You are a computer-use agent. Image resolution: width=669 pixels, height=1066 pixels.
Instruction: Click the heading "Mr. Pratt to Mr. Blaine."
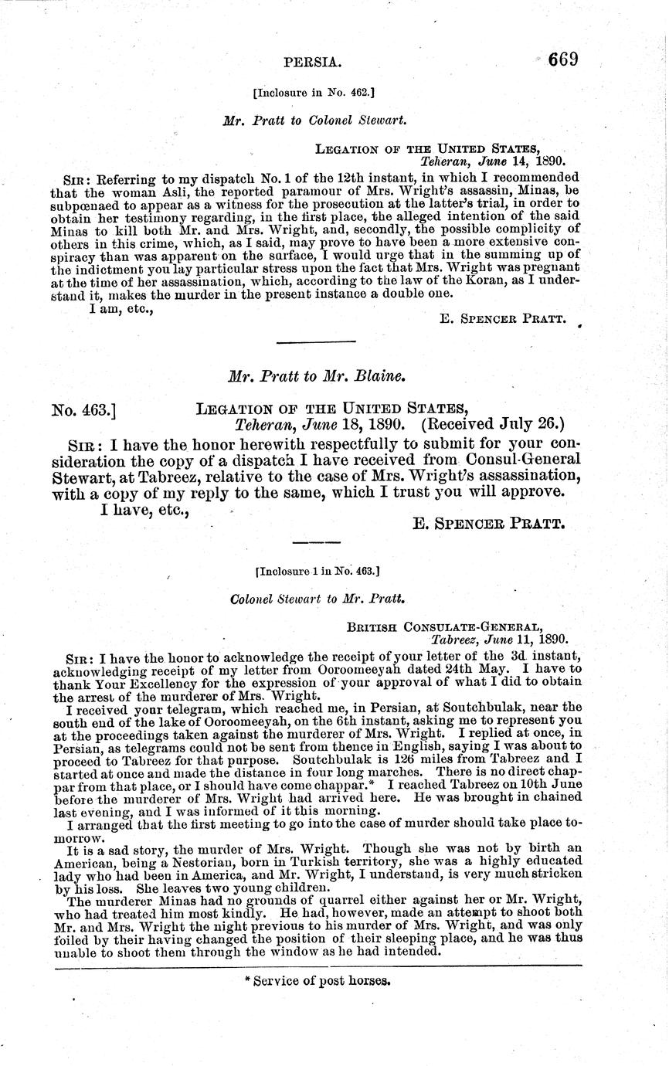click(318, 376)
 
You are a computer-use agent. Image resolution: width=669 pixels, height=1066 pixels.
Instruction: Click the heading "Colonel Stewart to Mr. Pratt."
click(318, 598)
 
